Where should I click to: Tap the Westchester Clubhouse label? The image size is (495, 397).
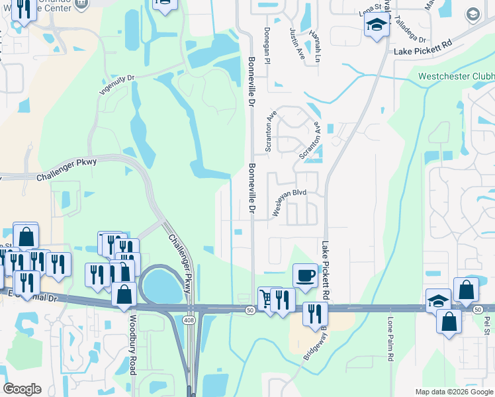point(456,76)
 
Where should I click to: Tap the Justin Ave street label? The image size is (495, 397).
point(294,41)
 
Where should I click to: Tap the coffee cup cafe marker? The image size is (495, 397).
point(305,274)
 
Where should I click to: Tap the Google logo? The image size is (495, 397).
point(22,389)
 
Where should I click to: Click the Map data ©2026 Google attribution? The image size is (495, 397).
point(453,392)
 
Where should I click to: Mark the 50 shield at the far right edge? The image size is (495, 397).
point(477,309)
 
